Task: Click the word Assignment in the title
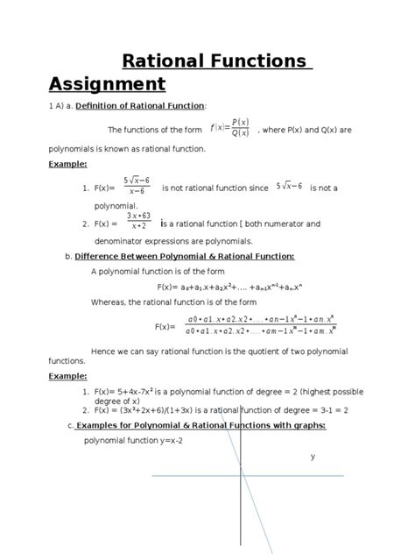pyautogui.click(x=108, y=84)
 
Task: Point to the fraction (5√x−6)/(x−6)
pyautogui.click(x=135, y=188)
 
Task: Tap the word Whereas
pyautogui.click(x=113, y=303)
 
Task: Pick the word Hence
pyautogui.click(x=102, y=351)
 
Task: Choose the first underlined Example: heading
pyautogui.click(x=67, y=165)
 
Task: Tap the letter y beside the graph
pyautogui.click(x=313, y=458)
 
